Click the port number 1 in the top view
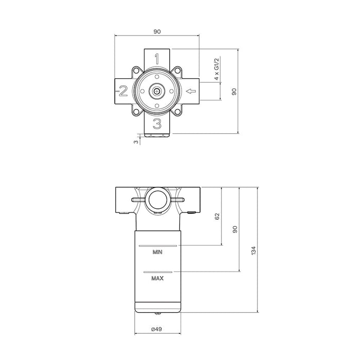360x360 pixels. (158, 58)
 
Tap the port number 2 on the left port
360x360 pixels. (123, 92)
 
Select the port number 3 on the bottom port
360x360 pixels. (158, 123)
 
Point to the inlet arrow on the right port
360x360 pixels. (191, 92)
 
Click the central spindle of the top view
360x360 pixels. (156, 92)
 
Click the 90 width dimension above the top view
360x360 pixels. (157, 31)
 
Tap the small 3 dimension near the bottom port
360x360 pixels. (136, 141)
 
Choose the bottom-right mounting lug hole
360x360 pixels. (177, 113)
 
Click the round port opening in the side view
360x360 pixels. (156, 200)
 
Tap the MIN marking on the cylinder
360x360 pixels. (158, 253)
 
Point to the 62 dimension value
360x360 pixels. (217, 216)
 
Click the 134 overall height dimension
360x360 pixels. (253, 250)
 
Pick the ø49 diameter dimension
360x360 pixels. (157, 329)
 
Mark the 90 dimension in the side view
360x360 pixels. (235, 229)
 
